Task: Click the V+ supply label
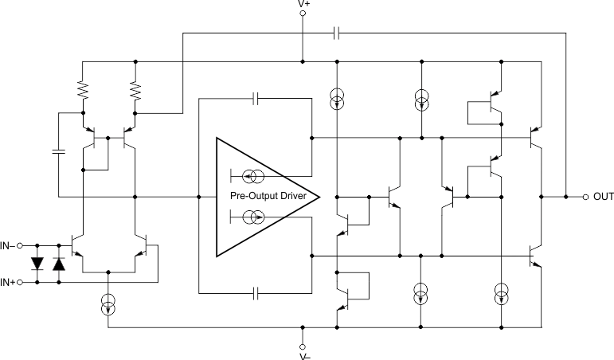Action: tap(303, 5)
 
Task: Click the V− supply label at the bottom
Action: tap(303, 356)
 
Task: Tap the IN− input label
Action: tap(9, 245)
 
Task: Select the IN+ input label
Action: tap(9, 282)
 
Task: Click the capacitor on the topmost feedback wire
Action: tap(337, 33)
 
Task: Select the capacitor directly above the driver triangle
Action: tap(256, 99)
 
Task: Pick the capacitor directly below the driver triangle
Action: tap(256, 293)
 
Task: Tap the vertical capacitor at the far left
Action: tap(58, 151)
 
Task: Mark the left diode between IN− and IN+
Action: tap(37, 264)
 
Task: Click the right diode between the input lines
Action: tap(58, 264)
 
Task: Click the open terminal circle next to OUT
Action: tap(585, 197)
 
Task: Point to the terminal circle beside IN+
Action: tap(21, 282)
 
